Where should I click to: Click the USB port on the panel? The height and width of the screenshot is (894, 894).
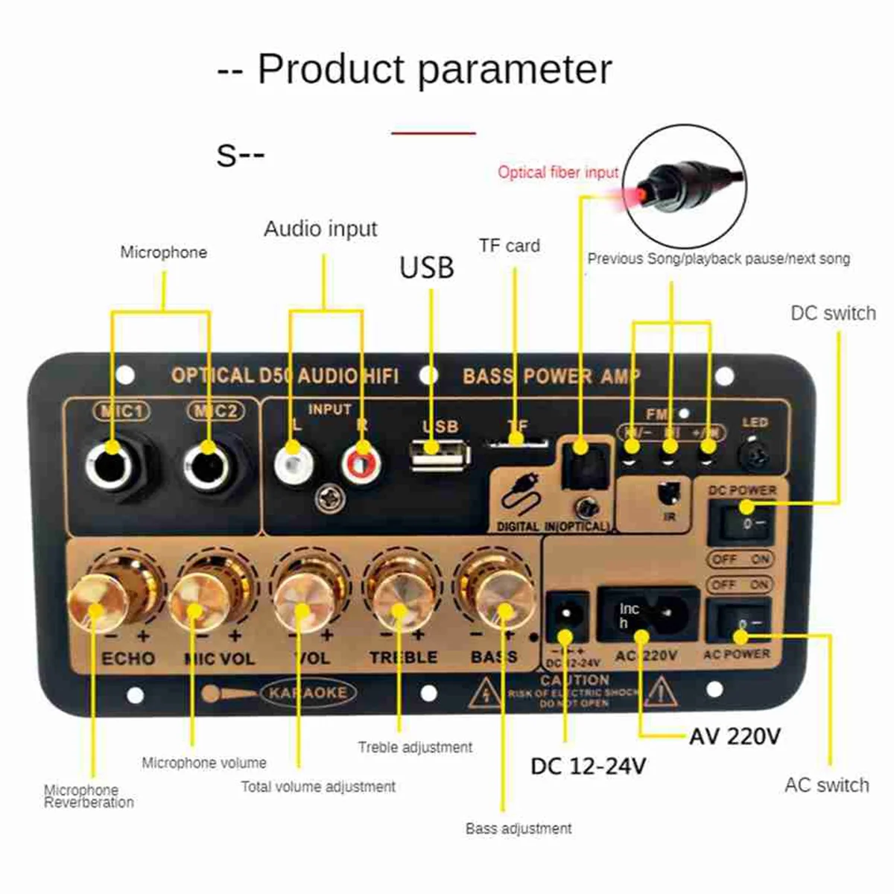(x=440, y=454)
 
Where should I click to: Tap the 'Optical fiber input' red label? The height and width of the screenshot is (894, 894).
(x=558, y=172)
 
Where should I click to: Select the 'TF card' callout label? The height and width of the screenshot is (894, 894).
(x=510, y=246)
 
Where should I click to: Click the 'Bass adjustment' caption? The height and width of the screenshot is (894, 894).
(x=519, y=828)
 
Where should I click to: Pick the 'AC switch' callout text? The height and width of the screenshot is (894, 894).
(x=826, y=785)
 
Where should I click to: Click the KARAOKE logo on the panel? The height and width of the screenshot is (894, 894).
(x=308, y=693)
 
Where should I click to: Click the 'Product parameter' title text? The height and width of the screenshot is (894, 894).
(x=434, y=69)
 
